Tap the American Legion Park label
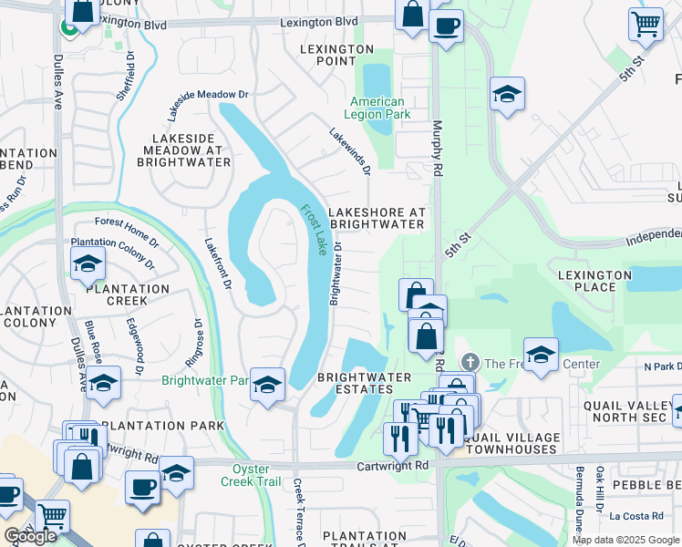click(x=374, y=108)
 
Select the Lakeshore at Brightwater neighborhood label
click(x=377, y=217)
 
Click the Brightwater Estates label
click(x=364, y=383)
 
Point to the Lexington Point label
click(x=332, y=55)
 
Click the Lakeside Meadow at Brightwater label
click(x=181, y=150)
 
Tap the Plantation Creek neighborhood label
click(x=128, y=294)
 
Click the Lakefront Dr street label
click(x=215, y=263)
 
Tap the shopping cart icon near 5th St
click(x=646, y=23)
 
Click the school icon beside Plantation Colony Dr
click(x=88, y=263)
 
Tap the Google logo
click(x=31, y=536)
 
